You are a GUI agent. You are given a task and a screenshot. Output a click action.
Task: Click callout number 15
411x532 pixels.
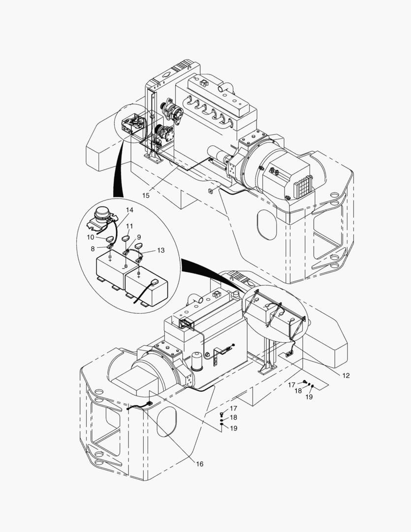(x=146, y=196)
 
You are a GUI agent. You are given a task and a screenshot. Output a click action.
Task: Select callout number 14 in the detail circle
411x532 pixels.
(x=129, y=210)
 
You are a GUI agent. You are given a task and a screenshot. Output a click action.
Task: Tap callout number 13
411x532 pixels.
(x=161, y=250)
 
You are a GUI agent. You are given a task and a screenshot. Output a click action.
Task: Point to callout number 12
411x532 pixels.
(x=346, y=375)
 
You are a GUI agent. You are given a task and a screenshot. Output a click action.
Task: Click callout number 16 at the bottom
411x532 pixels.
(x=199, y=464)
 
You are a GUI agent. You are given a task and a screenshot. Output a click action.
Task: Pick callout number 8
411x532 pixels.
(x=93, y=249)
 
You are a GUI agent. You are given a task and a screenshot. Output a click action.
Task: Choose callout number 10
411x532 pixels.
(x=91, y=237)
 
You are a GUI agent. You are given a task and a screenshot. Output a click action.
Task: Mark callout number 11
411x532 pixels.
(x=130, y=226)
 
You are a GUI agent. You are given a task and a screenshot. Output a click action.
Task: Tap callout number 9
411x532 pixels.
(x=139, y=237)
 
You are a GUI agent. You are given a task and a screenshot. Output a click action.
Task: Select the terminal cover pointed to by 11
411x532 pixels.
(x=126, y=238)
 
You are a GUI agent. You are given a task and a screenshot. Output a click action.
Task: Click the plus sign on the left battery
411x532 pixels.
(x=110, y=260)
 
